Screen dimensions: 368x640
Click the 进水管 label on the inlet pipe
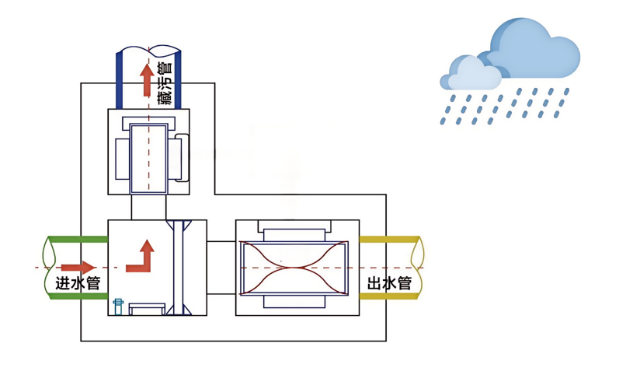coord(78,283)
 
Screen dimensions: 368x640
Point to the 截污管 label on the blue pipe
coord(163,83)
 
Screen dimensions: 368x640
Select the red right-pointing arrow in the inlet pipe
coord(78,268)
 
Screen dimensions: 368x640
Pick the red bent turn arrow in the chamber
coord(141,256)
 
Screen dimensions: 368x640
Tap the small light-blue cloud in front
coord(471,73)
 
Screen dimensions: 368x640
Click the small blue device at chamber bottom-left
coord(119,306)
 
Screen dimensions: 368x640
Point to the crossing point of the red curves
coord(297,268)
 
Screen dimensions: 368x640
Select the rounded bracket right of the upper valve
coord(183,159)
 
